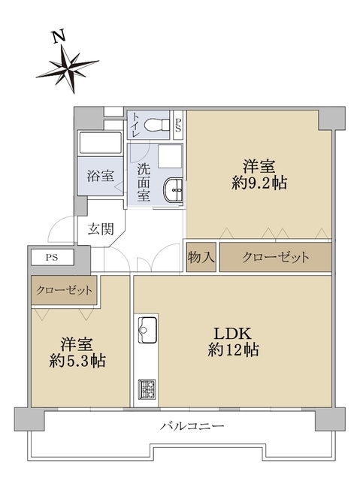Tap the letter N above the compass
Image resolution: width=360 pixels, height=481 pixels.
(x=57, y=35)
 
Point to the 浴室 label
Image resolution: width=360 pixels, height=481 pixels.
(x=100, y=177)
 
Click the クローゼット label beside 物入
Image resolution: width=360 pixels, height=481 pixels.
(x=276, y=257)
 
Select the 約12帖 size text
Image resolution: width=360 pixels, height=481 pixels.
(x=234, y=349)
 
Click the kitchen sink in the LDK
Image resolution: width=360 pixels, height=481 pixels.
(x=147, y=329)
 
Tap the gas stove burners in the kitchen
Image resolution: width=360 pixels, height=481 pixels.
(x=146, y=389)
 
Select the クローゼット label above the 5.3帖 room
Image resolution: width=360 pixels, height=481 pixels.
(x=64, y=290)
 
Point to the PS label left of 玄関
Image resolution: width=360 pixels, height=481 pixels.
(x=51, y=257)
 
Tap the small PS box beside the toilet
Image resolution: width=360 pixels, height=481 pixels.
(x=178, y=123)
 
